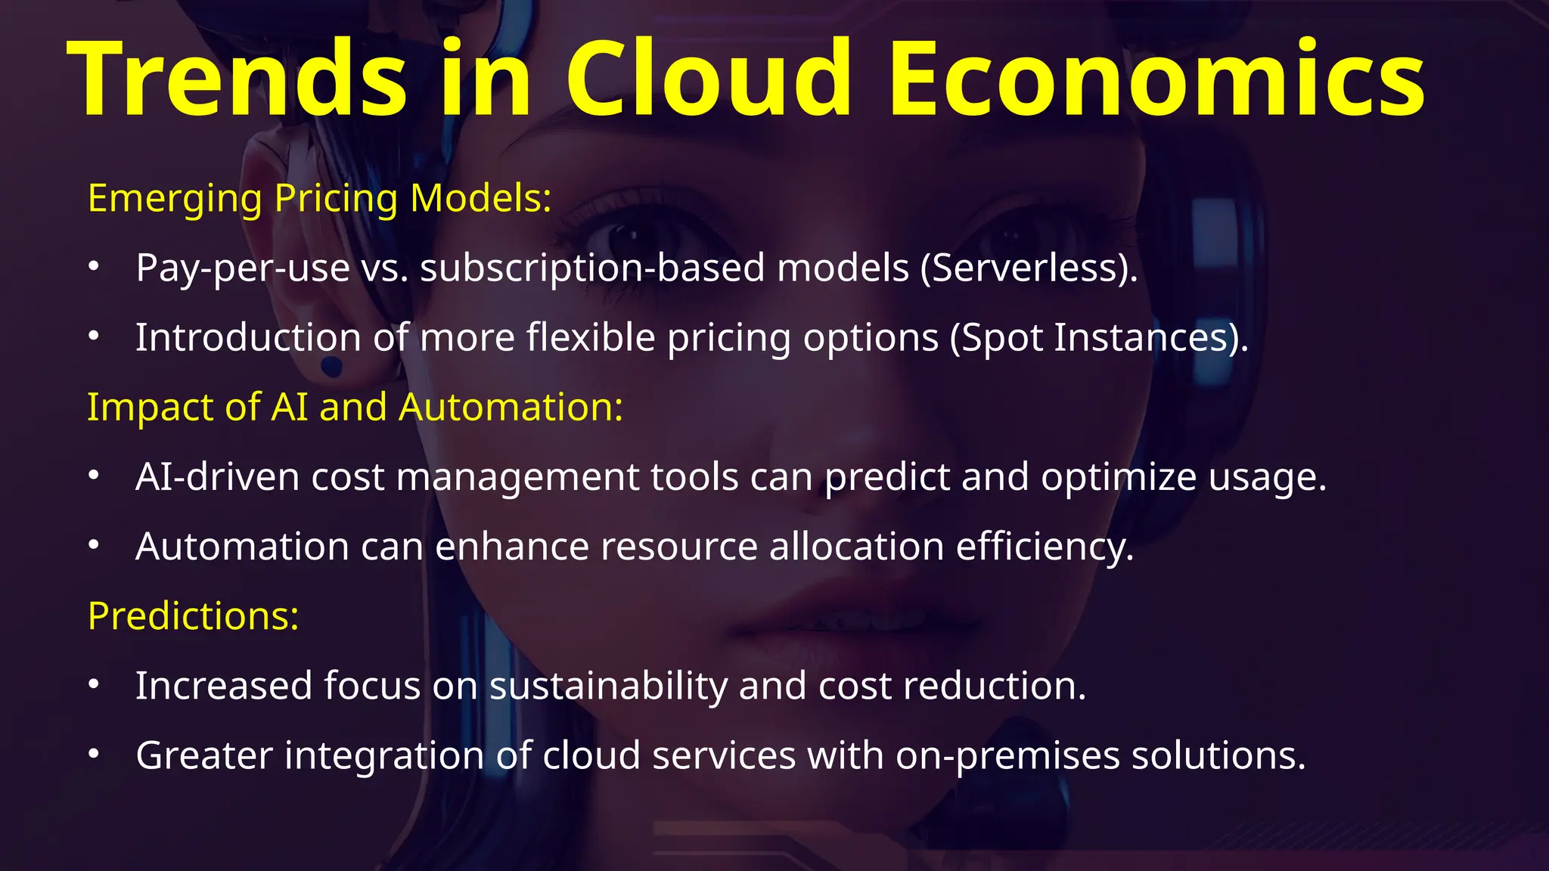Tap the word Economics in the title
point(1157,79)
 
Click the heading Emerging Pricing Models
point(319,198)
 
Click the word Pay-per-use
point(243,268)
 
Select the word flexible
point(591,337)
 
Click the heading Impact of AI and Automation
point(355,407)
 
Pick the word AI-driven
point(218,477)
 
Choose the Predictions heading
point(193,616)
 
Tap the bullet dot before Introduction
point(93,336)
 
